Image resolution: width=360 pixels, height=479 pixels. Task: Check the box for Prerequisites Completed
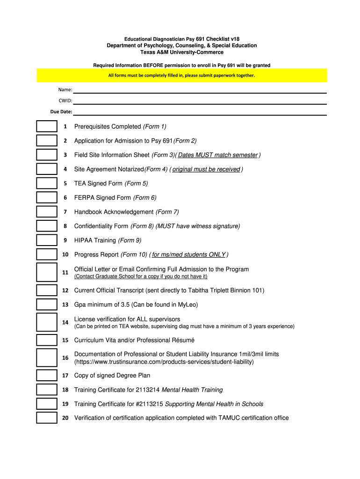[x=47, y=126]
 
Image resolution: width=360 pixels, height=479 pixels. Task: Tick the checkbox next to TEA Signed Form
[x=47, y=183]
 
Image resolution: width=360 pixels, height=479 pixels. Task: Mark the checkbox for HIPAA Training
[x=47, y=240]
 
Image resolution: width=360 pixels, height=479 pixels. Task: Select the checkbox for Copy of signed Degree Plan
[x=47, y=375]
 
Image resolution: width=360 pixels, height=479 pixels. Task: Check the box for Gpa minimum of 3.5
[x=47, y=305]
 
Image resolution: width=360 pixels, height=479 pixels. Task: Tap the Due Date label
[x=61, y=112]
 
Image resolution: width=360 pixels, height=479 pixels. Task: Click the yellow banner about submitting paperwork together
[x=182, y=75]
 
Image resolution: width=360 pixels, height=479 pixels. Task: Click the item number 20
[x=65, y=418]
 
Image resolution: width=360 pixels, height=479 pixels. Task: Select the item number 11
[x=65, y=272]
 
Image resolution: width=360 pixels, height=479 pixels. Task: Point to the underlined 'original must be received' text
[x=206, y=169]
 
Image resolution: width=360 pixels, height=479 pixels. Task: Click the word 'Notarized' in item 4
[x=130, y=169]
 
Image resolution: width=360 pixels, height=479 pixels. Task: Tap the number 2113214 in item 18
[x=148, y=390]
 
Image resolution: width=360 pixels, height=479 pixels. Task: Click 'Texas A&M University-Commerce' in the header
[x=182, y=52]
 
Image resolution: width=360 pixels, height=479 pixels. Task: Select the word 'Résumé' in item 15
[x=183, y=340]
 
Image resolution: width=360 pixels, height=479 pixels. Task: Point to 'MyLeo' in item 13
[x=189, y=305]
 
